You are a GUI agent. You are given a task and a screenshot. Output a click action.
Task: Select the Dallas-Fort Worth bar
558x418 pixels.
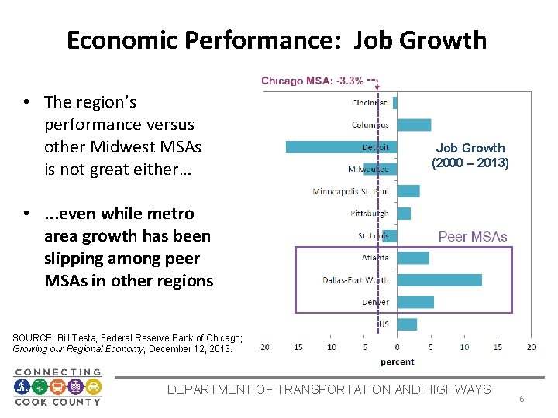(439, 280)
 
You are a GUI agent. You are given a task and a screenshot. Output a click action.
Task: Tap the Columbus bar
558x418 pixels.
(414, 125)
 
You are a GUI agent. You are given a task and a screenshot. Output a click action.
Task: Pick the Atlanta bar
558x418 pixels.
(413, 258)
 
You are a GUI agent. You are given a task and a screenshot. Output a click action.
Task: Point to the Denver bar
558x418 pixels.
(415, 302)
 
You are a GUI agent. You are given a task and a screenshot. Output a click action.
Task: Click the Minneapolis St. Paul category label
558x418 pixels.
(350, 191)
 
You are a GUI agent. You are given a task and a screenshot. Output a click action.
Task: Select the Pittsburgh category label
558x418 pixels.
(370, 214)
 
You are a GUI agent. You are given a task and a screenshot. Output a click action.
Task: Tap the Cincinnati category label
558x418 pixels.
(370, 103)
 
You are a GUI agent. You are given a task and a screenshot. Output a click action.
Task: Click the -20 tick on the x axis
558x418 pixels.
(263, 347)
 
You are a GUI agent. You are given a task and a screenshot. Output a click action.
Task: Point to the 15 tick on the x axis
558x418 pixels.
(497, 347)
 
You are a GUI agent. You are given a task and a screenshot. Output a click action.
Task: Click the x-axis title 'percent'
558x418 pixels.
(397, 361)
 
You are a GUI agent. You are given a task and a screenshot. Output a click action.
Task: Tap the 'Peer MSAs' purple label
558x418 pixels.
(473, 237)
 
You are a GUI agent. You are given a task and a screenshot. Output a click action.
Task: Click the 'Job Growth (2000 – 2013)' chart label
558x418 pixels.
(470, 155)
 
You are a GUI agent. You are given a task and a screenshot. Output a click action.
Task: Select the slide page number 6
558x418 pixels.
(522, 399)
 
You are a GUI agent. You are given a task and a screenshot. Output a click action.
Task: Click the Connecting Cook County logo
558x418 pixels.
(58, 386)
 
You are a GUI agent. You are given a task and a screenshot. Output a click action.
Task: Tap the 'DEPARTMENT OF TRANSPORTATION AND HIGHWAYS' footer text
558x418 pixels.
(329, 389)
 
